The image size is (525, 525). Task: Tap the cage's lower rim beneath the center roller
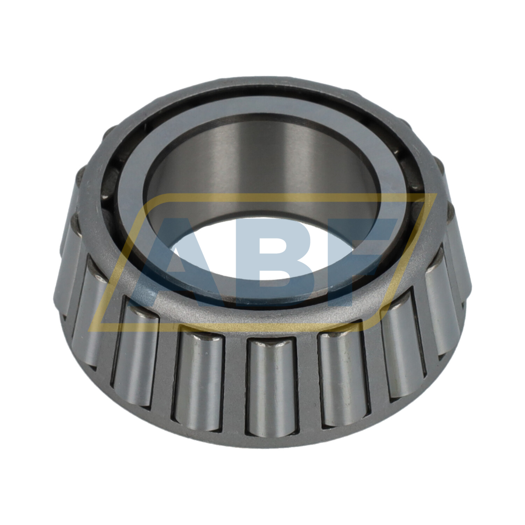click(271, 442)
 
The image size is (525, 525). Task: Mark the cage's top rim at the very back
click(262, 82)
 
